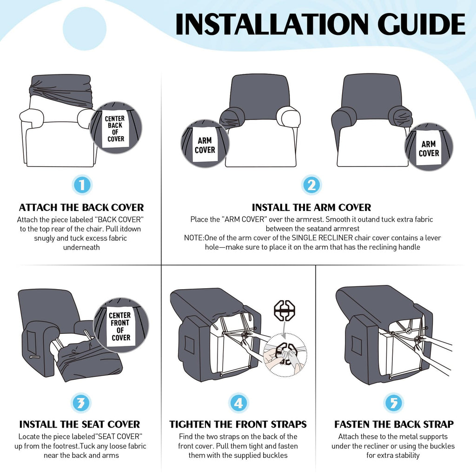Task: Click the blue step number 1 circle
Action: [82, 185]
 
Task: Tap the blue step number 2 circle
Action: [311, 185]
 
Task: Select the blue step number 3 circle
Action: [81, 403]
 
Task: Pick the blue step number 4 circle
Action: [238, 403]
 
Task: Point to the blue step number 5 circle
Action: [394, 403]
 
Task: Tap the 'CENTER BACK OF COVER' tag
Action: [115, 128]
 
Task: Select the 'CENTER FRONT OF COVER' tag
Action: [120, 326]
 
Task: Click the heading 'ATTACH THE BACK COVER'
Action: [81, 207]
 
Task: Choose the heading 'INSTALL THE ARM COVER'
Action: [311, 207]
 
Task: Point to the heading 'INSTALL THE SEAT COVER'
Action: [79, 424]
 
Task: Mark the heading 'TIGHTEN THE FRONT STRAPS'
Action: [238, 424]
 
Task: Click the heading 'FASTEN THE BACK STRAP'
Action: [394, 424]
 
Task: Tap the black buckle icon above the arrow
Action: [284, 310]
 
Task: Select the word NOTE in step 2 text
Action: [193, 238]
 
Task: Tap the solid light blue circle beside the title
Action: [85, 28]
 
